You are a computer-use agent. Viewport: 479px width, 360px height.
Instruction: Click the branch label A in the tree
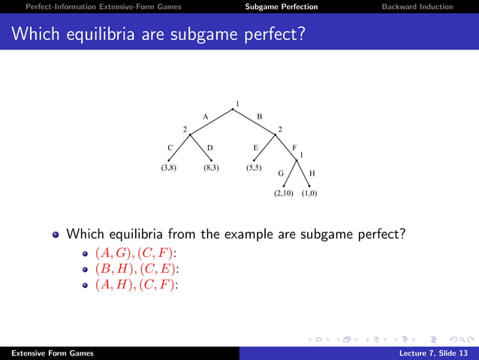(205, 116)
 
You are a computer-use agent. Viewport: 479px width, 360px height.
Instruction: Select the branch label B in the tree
(260, 116)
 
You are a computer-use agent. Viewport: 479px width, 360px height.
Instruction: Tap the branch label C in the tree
(170, 148)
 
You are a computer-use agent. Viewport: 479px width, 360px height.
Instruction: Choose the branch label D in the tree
(210, 148)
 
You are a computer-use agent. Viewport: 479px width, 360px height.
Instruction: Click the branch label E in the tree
(255, 148)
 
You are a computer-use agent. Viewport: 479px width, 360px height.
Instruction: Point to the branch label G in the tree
(281, 173)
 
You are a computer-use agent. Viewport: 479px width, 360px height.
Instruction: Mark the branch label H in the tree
(312, 173)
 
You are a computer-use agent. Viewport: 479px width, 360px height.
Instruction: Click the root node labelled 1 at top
(237, 104)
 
